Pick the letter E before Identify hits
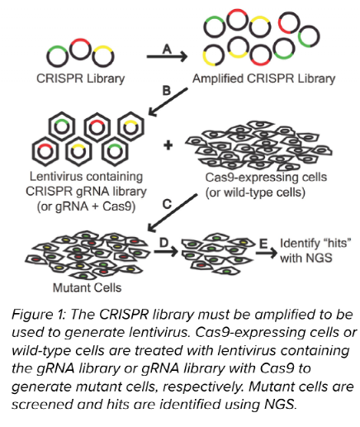click(259, 240)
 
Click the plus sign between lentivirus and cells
click(168, 145)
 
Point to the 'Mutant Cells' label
click(72, 288)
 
